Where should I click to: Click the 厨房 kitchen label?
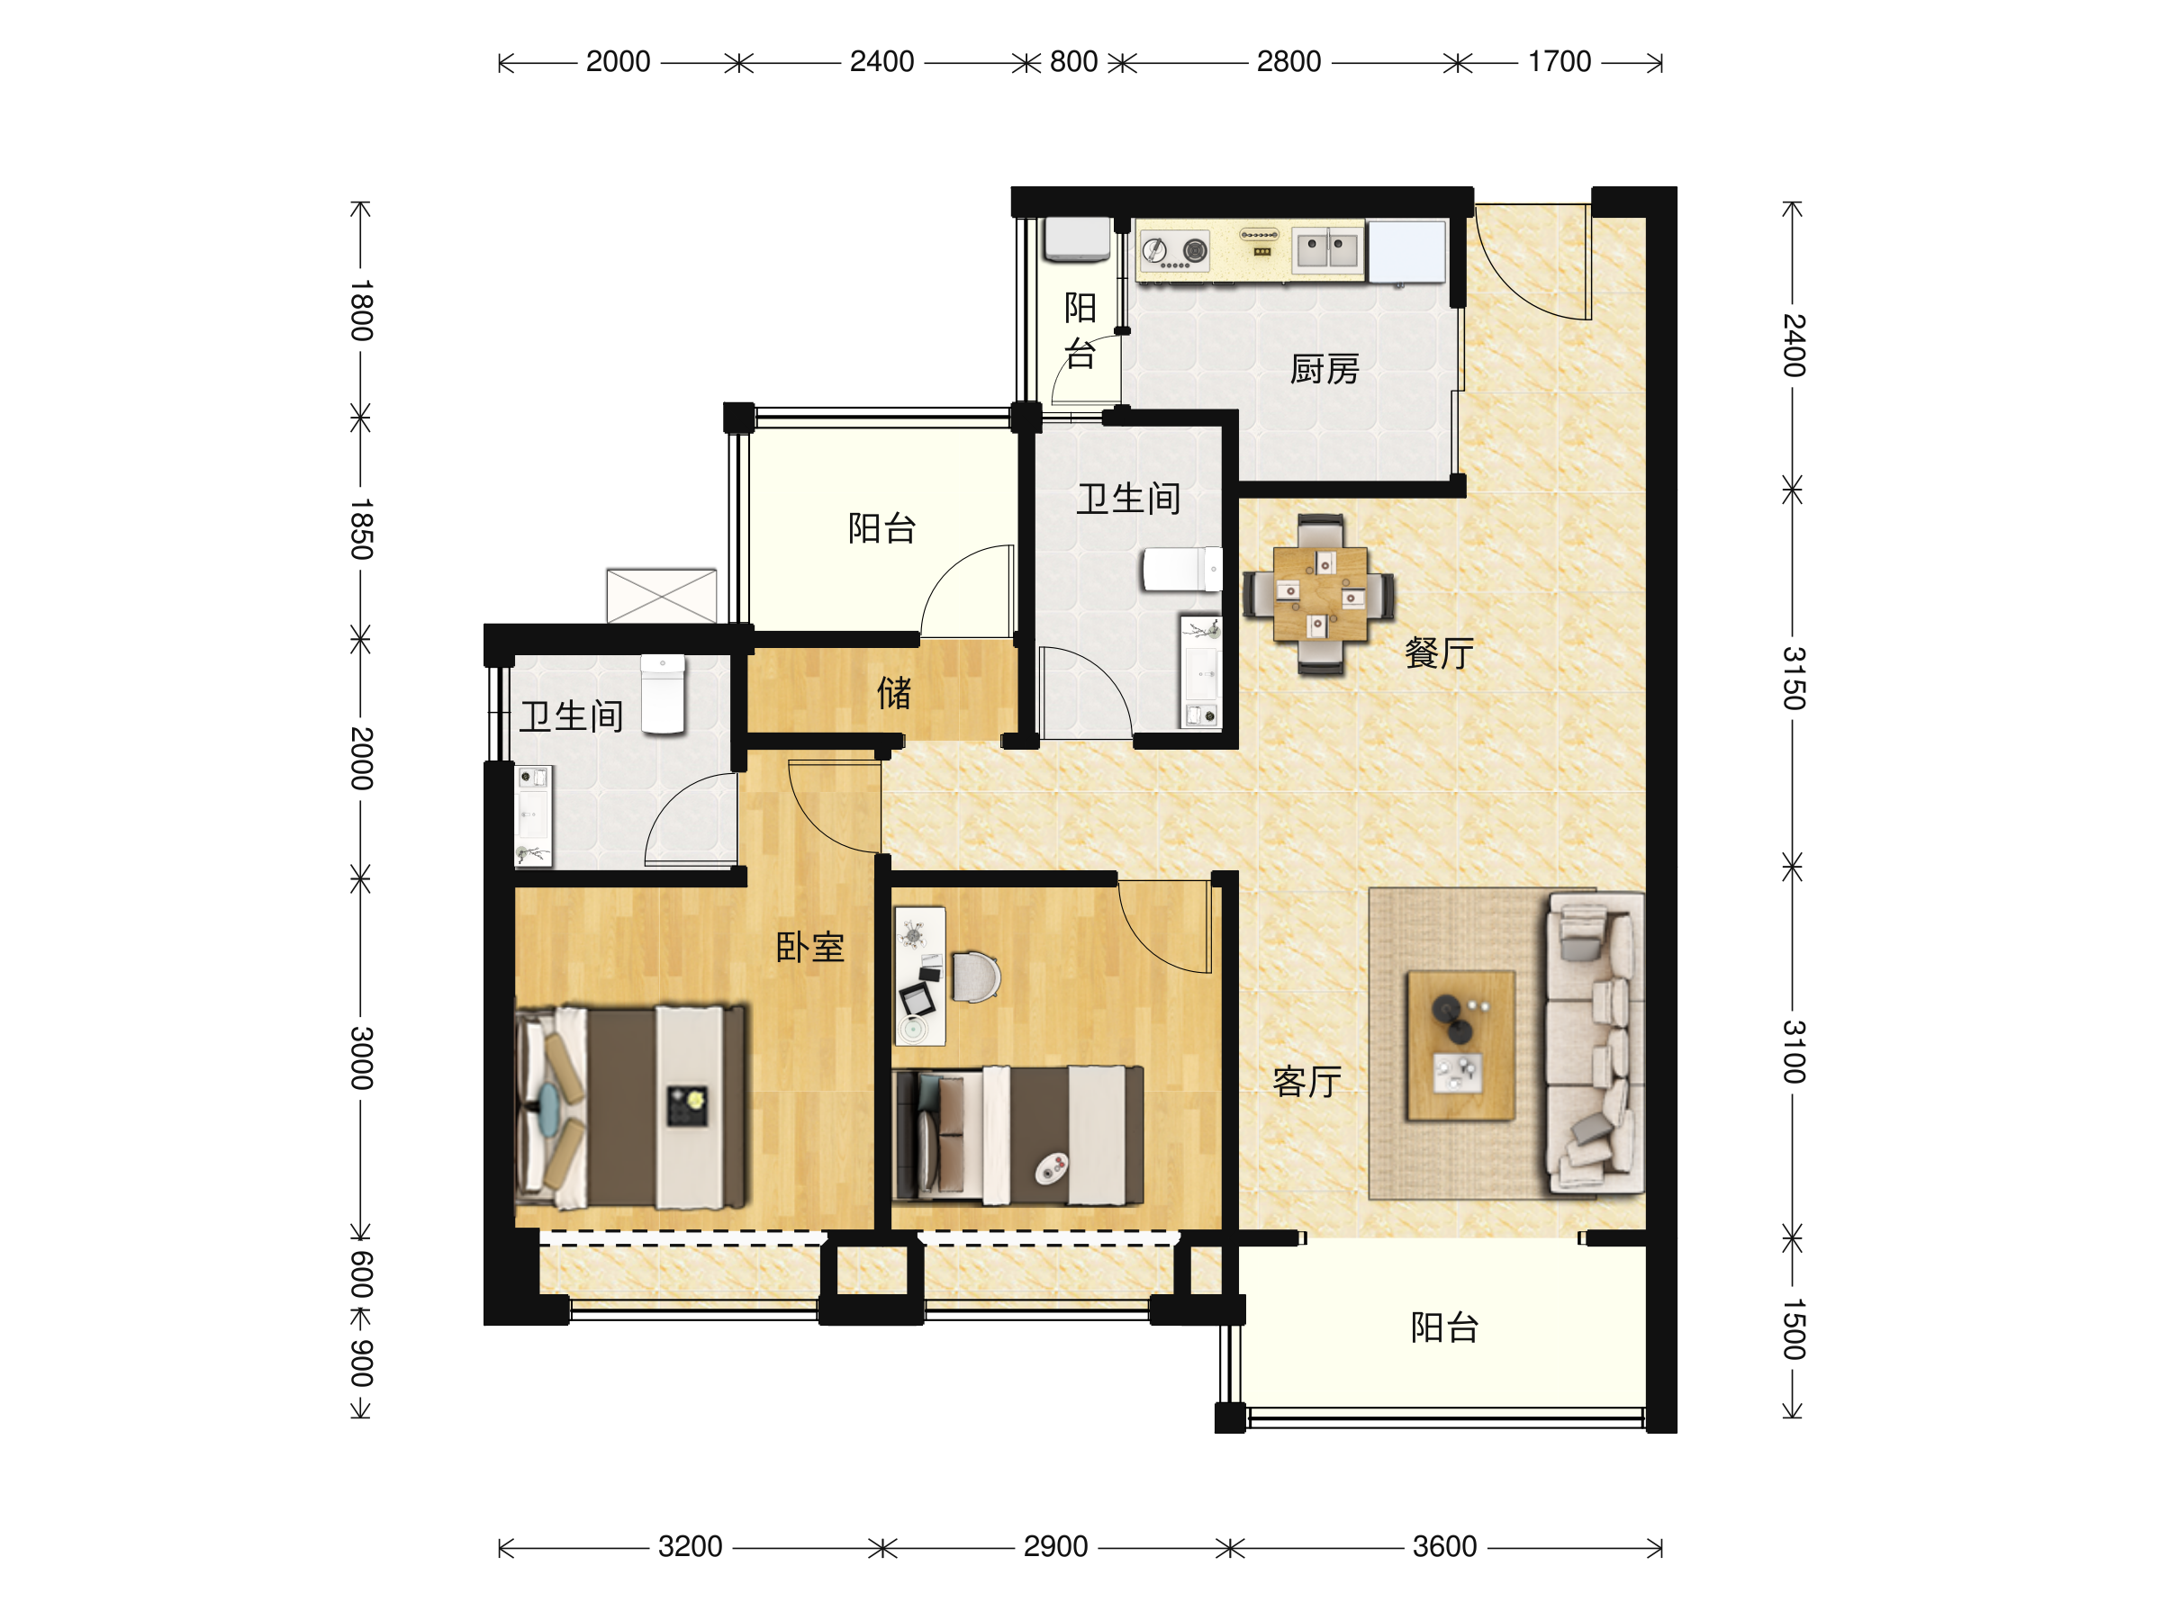click(1324, 369)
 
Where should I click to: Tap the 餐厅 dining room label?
click(1439, 652)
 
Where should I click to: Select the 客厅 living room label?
click(1307, 1081)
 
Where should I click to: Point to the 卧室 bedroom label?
click(809, 946)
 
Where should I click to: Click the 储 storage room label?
click(894, 692)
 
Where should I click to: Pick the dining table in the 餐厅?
click(1319, 595)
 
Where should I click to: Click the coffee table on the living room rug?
click(1460, 1045)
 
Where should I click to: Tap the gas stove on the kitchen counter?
click(1175, 251)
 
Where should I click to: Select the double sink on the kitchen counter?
click(1326, 249)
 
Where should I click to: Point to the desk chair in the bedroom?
click(976, 976)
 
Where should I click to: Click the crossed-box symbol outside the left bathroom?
click(662, 596)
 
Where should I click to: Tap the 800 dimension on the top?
click(1073, 61)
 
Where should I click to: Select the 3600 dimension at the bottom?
click(1444, 1546)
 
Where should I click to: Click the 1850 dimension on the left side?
click(361, 529)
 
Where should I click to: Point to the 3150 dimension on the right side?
click(1794, 678)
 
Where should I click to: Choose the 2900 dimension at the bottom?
click(1055, 1546)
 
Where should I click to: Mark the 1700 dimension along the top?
click(1560, 61)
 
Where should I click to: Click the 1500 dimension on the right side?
click(1794, 1329)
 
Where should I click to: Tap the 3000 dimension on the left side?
click(361, 1057)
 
